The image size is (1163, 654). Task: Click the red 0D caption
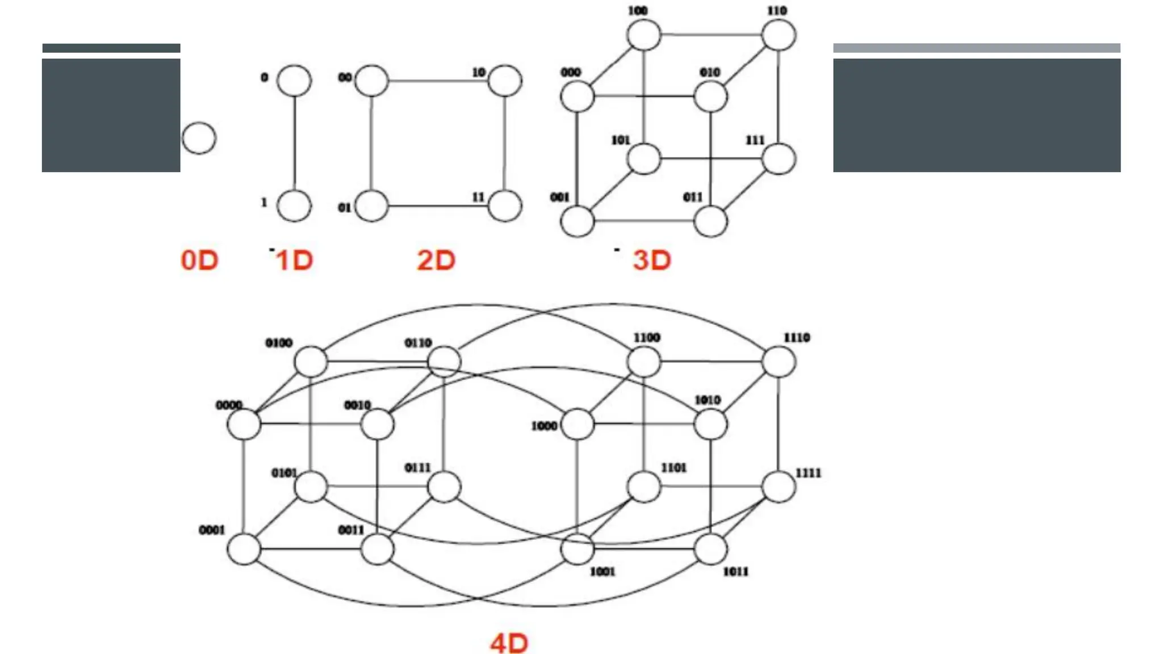(x=199, y=261)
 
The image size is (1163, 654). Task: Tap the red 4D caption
(x=509, y=643)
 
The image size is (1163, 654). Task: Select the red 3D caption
(x=652, y=261)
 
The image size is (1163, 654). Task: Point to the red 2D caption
(x=436, y=261)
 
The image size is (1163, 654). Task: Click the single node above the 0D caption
(x=199, y=138)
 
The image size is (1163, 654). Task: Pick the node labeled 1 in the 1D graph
(x=294, y=206)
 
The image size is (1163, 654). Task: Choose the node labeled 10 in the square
(x=505, y=81)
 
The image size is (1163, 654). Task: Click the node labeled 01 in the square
(x=371, y=206)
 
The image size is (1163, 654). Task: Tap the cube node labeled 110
(x=779, y=35)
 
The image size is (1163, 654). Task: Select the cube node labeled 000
(x=578, y=96)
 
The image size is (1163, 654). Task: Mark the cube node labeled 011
(x=710, y=221)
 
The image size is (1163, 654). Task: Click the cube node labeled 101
(x=644, y=158)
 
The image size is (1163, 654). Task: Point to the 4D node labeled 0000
(x=244, y=424)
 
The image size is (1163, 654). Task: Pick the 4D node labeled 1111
(x=779, y=487)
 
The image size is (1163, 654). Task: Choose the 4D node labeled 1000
(x=578, y=424)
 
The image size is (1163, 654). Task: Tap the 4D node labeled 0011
(x=377, y=549)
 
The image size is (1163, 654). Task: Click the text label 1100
(x=647, y=338)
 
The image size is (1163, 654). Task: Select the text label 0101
(x=284, y=473)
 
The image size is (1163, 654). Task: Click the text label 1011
(x=735, y=572)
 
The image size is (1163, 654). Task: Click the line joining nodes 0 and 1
(x=294, y=142)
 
